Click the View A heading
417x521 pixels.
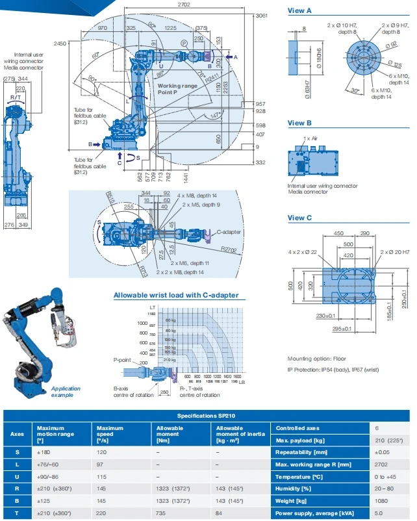point(299,10)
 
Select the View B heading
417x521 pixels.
point(299,123)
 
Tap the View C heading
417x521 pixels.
point(299,218)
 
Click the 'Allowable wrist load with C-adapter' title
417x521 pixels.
point(175,295)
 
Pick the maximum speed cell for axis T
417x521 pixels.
point(101,513)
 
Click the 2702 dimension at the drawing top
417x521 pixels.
point(185,5)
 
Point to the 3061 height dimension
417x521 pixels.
point(262,15)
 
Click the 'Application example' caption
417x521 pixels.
point(67,392)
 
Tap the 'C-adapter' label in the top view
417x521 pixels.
point(229,231)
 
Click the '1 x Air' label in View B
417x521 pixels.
point(310,139)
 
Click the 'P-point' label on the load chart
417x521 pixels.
point(122,359)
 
